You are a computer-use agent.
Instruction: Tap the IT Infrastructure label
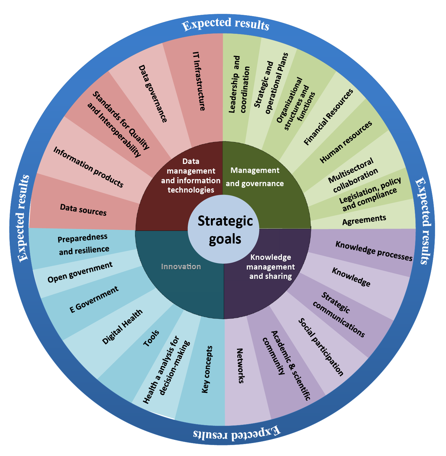(199, 81)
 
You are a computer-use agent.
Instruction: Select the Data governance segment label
(153, 93)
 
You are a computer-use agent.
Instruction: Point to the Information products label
(88, 167)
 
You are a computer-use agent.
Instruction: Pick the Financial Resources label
(328, 117)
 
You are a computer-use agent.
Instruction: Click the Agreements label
(364, 220)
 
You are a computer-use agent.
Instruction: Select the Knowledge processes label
(374, 251)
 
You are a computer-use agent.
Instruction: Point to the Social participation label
(321, 347)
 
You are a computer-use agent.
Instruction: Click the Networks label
(240, 366)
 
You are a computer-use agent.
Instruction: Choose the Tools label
(151, 338)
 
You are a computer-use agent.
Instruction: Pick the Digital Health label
(122, 327)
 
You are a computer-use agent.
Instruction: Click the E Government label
(94, 300)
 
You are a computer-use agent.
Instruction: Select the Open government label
(80, 272)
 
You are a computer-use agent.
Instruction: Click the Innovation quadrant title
(181, 267)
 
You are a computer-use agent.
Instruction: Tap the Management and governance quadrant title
(255, 177)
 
